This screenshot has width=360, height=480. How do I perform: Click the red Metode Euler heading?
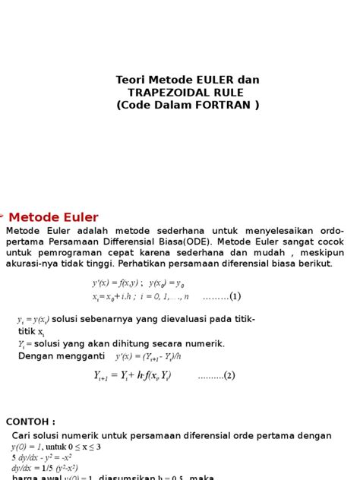(x=53, y=217)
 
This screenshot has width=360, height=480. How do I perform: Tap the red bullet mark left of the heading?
(x=2, y=216)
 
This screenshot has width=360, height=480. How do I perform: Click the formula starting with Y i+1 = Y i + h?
(x=132, y=375)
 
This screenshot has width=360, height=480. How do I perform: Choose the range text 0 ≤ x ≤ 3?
(x=84, y=447)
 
